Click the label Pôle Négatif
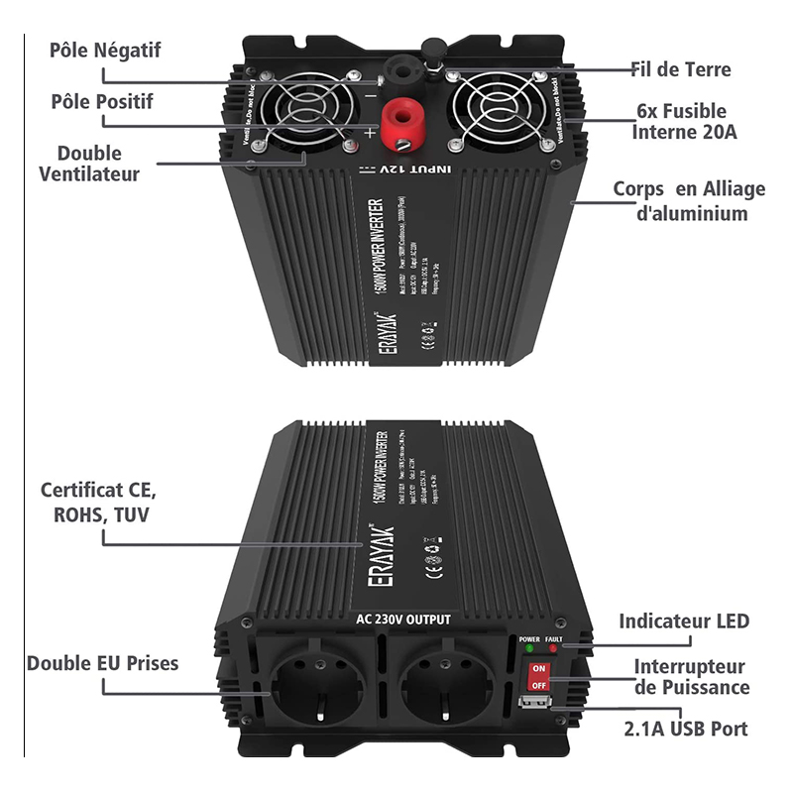(104, 50)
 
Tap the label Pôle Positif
(102, 101)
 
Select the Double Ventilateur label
(89, 164)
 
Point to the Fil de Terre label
(681, 69)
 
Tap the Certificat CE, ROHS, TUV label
(98, 503)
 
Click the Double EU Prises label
(103, 663)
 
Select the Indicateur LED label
(684, 622)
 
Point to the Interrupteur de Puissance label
(691, 677)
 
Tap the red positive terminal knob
(403, 128)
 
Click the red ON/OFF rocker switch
(539, 676)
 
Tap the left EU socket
(315, 685)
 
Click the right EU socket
(440, 685)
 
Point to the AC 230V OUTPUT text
(402, 620)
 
